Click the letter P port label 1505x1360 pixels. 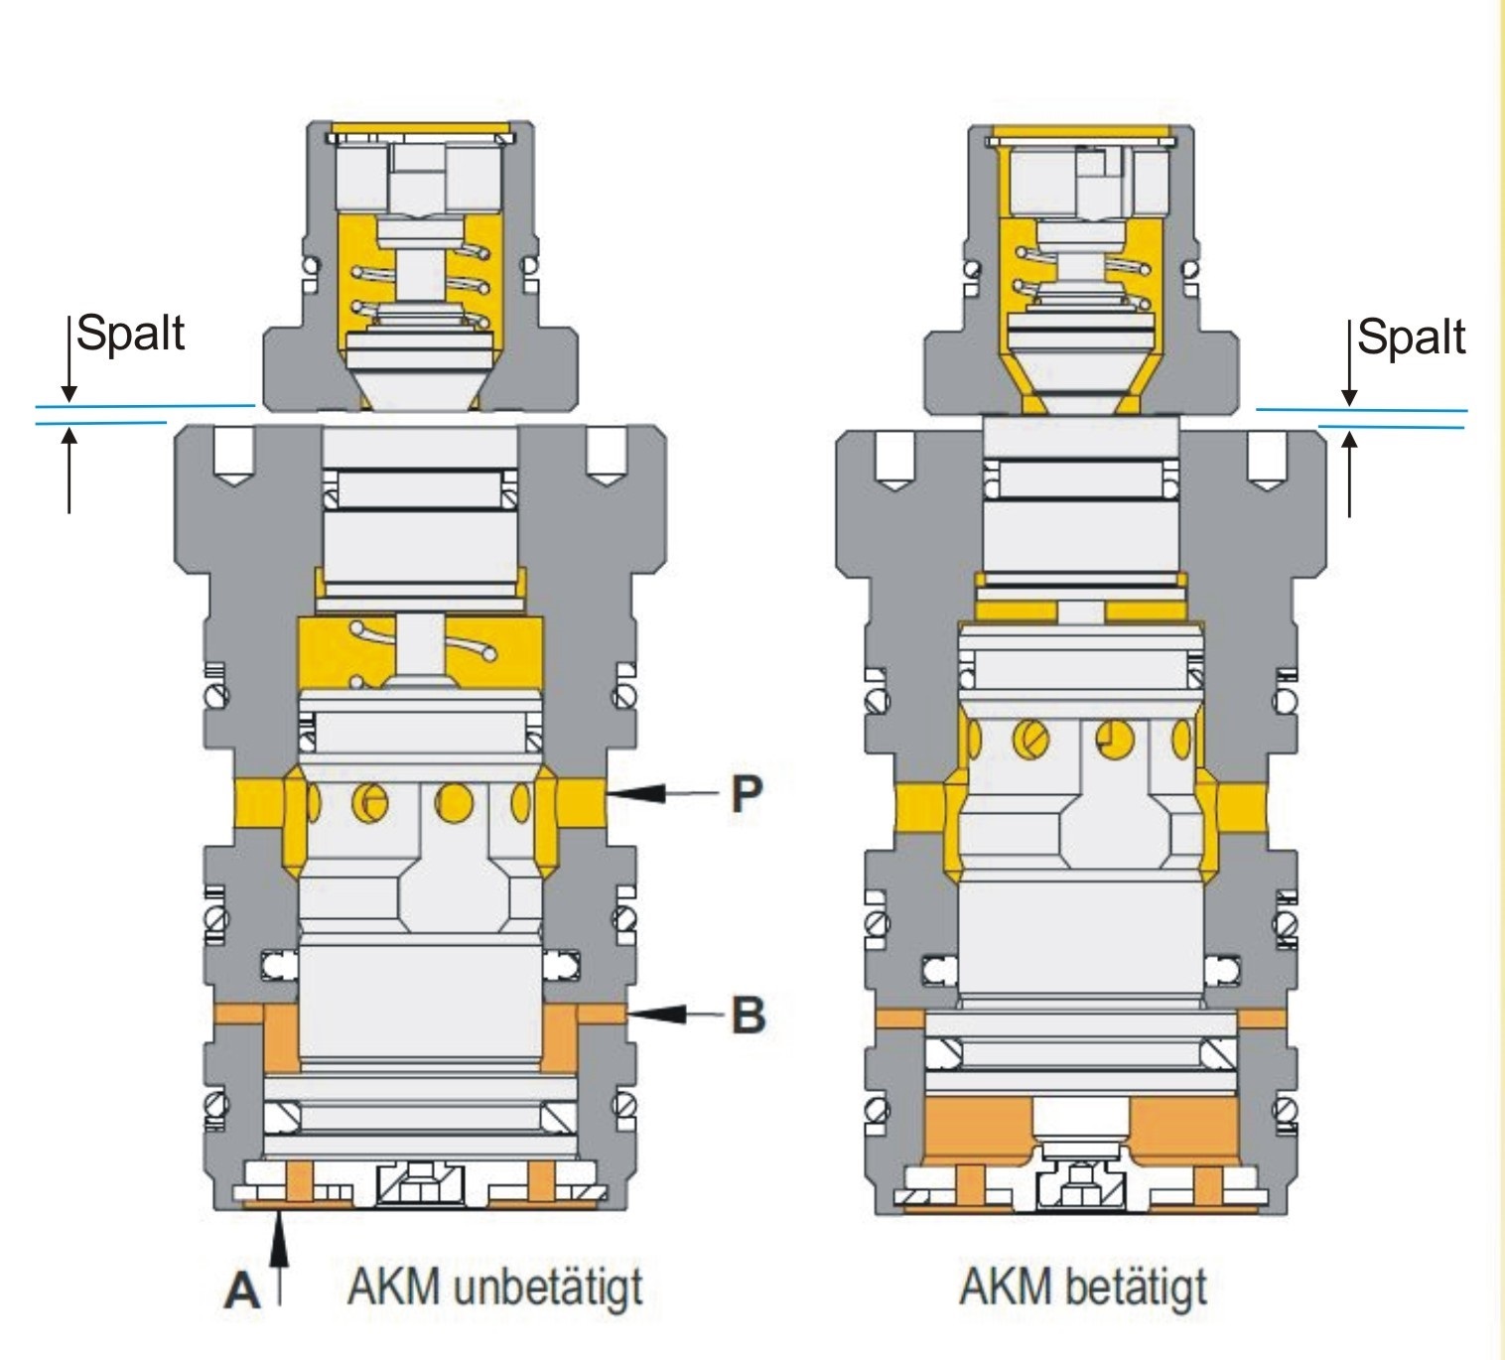(747, 793)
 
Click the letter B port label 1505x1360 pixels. (748, 1015)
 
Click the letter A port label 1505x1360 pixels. (242, 1291)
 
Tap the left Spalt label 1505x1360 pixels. (130, 333)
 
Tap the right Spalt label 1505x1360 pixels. (1411, 337)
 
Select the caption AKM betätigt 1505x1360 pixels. (1083, 1288)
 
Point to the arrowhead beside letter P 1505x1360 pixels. (636, 792)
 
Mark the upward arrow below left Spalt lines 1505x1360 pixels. (68, 467)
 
